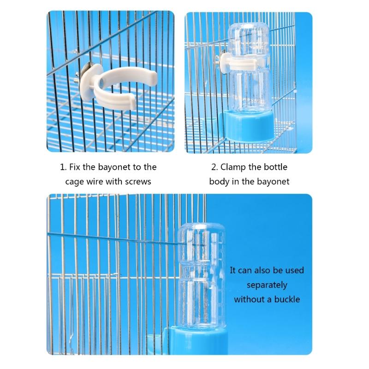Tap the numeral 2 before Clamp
point(214,167)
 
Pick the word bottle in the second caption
point(274,167)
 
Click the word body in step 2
point(219,181)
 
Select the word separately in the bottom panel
point(267,285)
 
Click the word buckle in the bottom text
point(286,299)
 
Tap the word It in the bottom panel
point(233,270)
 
